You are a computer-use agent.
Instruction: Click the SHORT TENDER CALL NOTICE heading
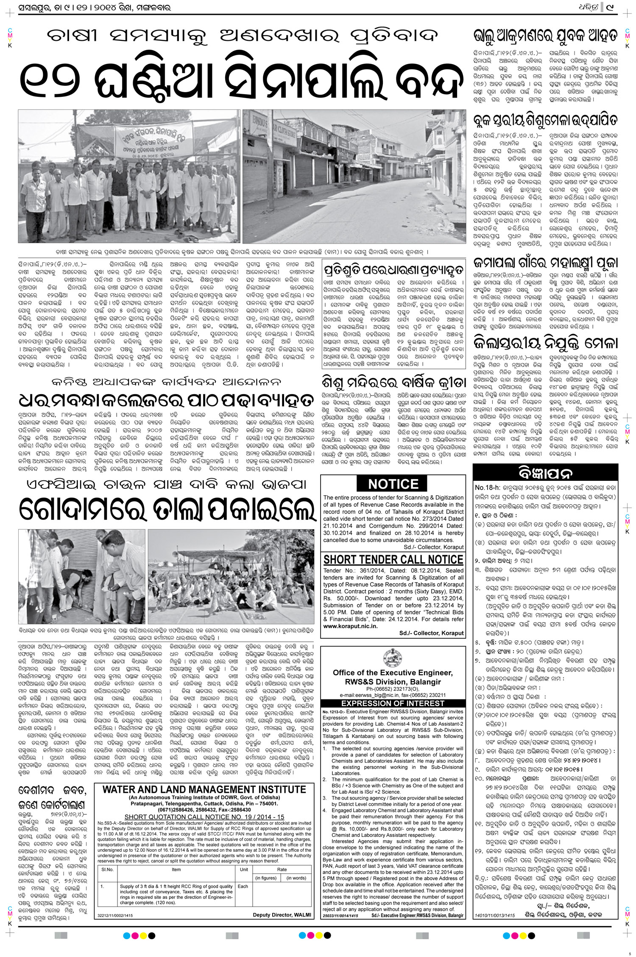click(393, 560)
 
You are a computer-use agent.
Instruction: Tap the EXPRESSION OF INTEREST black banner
click(393, 703)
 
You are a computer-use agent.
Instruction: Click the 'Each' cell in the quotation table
click(243, 886)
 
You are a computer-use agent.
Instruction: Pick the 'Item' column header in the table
click(176, 869)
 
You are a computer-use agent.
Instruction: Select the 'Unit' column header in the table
click(244, 869)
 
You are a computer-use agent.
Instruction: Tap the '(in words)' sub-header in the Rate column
click(296, 878)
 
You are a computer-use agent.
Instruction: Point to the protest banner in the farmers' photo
click(148, 140)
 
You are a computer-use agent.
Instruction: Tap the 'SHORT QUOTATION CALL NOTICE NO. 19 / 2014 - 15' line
click(204, 817)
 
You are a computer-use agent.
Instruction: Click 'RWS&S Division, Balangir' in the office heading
click(393, 682)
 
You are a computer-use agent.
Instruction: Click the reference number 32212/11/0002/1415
click(115, 915)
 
